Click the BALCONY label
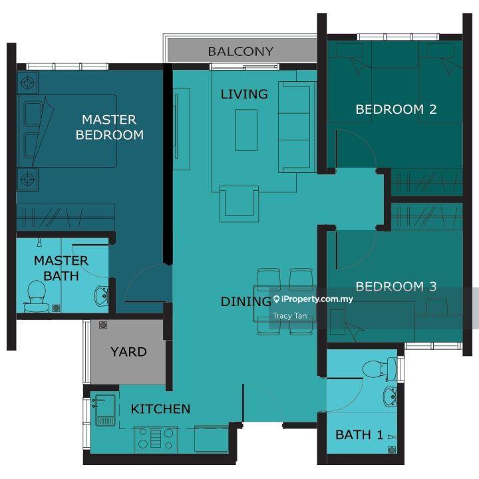point(240,51)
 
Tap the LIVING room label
point(244,94)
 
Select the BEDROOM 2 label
point(396,109)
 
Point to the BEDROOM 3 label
point(396,286)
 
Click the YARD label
point(128,352)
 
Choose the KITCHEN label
point(160,408)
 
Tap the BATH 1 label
point(359,434)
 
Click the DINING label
point(246,301)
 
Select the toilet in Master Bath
point(37,296)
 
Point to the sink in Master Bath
point(101,295)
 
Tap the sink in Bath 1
point(390,397)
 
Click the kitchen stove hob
point(156,439)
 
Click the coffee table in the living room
point(246,130)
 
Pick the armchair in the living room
point(239,204)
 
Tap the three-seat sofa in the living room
point(297,127)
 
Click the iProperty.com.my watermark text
point(313,299)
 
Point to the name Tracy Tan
point(289,315)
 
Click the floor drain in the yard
point(103,325)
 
